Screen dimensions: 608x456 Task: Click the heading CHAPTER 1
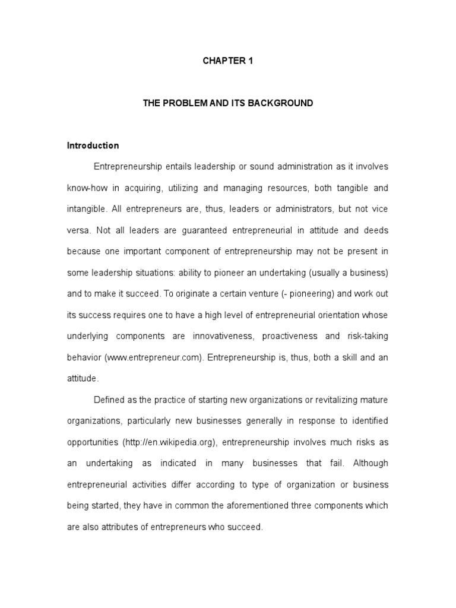[x=228, y=61]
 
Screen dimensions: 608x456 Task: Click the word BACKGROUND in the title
[x=281, y=103]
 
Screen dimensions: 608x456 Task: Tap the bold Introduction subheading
[x=93, y=145]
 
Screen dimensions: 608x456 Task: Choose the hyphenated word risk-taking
[x=365, y=336]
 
